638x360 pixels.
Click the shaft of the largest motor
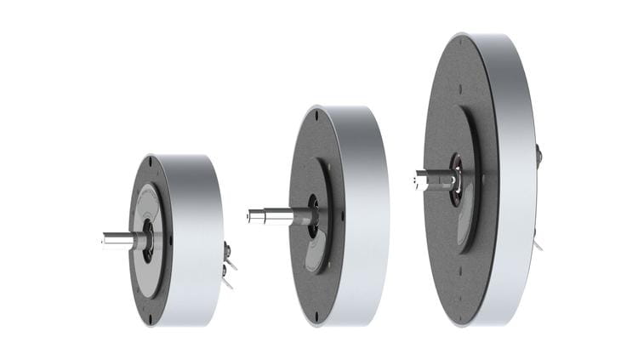pos(431,180)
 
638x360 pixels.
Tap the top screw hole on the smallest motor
pos(150,160)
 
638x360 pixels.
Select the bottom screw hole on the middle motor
pos(316,317)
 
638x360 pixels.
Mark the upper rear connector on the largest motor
pos(539,156)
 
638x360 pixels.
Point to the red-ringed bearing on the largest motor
pos(457,178)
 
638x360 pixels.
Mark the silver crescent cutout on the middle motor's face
pos(316,255)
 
